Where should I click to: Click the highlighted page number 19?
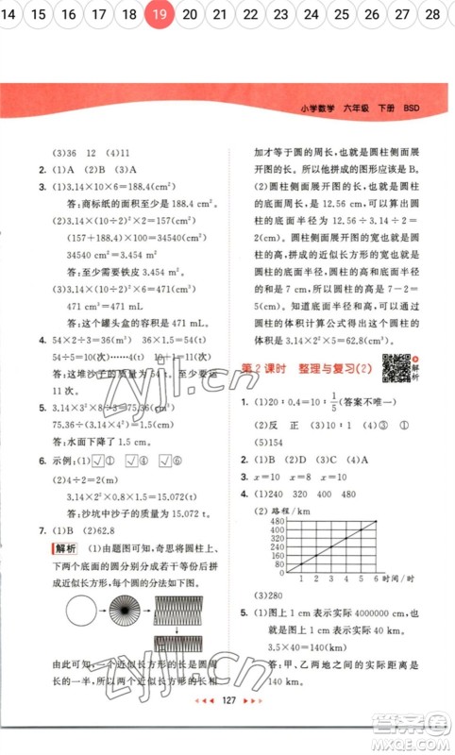160,14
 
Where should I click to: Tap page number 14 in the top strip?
10,14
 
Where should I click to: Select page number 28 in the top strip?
432,14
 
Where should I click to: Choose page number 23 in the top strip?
280,14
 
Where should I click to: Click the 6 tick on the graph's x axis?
376,578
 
